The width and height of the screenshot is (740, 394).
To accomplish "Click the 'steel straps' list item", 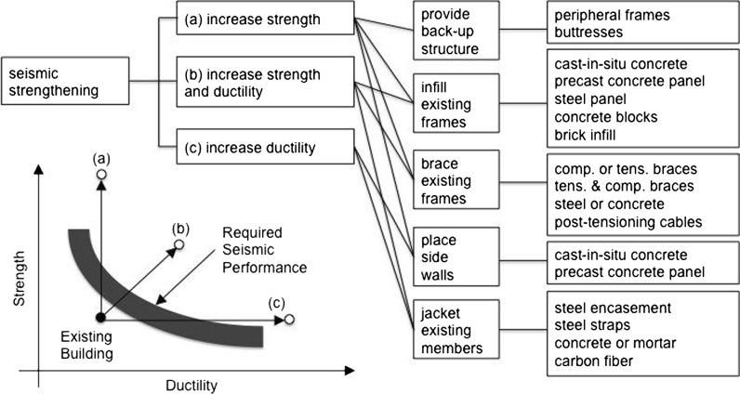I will point(592,324).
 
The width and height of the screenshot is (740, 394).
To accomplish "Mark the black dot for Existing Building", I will point(101,319).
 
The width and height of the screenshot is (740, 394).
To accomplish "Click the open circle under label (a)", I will point(101,175).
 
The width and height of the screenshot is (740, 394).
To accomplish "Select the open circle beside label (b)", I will point(179,244).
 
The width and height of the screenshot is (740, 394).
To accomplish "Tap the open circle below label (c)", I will point(290,320).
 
